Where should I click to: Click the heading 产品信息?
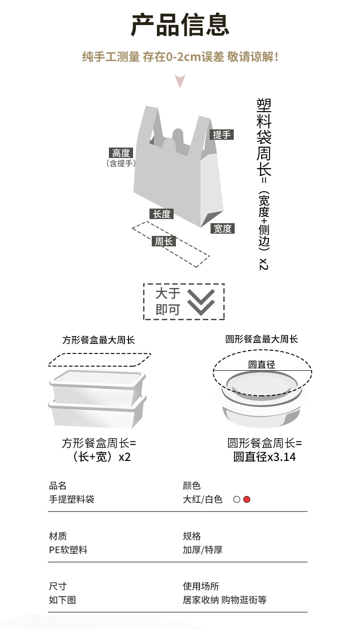[x=180, y=25]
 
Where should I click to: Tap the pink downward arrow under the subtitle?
[x=180, y=82]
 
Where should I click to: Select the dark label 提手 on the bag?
[x=222, y=134]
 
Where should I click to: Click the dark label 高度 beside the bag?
[x=121, y=153]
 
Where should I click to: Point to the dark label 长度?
[x=161, y=214]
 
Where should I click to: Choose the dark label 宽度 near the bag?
[x=223, y=229]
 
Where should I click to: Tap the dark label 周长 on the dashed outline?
[x=164, y=241]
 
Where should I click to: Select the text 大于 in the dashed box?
[x=168, y=293]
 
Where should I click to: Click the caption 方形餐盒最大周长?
[x=98, y=340]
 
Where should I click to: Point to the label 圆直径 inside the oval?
[x=262, y=364]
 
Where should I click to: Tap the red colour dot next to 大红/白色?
[x=247, y=500]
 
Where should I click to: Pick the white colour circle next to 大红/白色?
[x=237, y=500]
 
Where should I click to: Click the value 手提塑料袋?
[x=72, y=500]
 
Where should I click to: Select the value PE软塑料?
[x=68, y=550]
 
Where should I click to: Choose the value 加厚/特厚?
[x=202, y=550]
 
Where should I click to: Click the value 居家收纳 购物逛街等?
[x=224, y=600]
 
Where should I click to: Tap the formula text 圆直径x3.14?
[x=264, y=457]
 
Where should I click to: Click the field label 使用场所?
[x=201, y=586]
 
